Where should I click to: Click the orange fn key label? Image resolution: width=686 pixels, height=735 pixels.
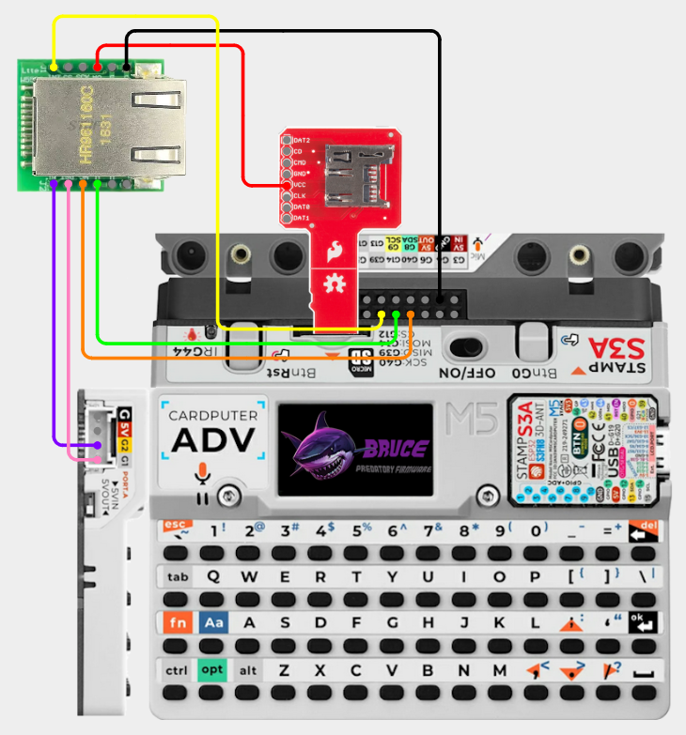[177, 622]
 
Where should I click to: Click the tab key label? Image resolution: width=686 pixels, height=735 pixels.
[178, 576]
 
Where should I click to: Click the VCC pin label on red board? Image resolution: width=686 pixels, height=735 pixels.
[301, 185]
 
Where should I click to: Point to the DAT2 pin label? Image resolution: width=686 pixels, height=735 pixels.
[302, 141]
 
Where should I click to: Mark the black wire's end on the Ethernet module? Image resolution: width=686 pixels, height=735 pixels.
[127, 66]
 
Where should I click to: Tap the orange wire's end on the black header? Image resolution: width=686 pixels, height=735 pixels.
[411, 312]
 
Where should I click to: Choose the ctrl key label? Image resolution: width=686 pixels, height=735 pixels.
[177, 670]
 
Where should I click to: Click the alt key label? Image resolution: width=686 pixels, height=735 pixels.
[247, 670]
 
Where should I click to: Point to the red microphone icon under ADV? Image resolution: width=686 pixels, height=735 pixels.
[200, 472]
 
